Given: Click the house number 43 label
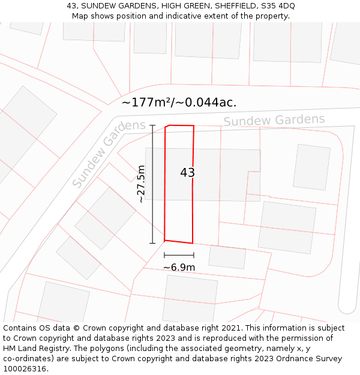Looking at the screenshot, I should coord(187,173).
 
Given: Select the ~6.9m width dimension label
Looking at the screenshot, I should coord(179,267).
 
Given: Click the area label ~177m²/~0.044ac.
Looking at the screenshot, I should coord(179,103).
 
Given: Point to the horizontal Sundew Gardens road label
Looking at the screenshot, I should coord(274,120).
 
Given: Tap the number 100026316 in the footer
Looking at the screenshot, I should coord(25,368).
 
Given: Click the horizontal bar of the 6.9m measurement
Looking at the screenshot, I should coord(179,256).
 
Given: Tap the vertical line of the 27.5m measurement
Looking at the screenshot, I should coord(152,184).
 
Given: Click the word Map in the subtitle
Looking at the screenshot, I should coord(80,16).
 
